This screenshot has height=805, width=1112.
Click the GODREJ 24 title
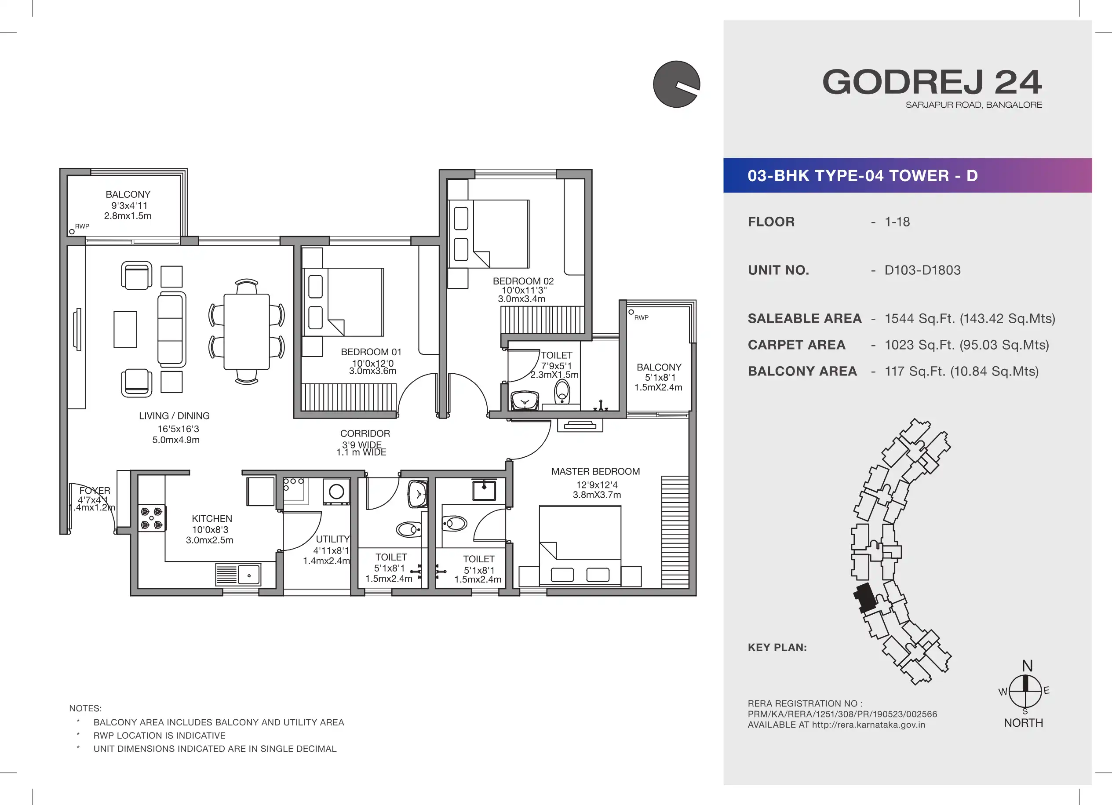point(932,82)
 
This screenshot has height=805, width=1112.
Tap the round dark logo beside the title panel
point(677,84)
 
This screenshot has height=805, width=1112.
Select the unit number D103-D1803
point(922,270)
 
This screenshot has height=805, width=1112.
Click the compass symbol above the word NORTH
point(1025,691)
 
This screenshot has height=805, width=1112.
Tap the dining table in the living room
point(247,332)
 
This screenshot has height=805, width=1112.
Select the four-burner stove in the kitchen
point(152,518)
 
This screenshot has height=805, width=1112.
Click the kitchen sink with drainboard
point(238,575)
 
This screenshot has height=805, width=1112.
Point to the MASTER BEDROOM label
point(595,472)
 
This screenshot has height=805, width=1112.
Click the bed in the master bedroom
point(580,546)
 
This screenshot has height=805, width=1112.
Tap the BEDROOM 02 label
point(523,281)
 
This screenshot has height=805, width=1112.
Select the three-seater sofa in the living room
point(171,329)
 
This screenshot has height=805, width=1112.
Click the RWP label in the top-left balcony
point(82,226)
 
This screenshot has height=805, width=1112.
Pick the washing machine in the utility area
point(336,491)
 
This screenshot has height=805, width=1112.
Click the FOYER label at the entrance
point(95,491)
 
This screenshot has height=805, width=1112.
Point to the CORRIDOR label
point(365,434)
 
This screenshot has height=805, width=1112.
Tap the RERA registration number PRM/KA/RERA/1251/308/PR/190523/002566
point(842,714)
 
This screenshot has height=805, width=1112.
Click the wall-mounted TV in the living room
point(77,329)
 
